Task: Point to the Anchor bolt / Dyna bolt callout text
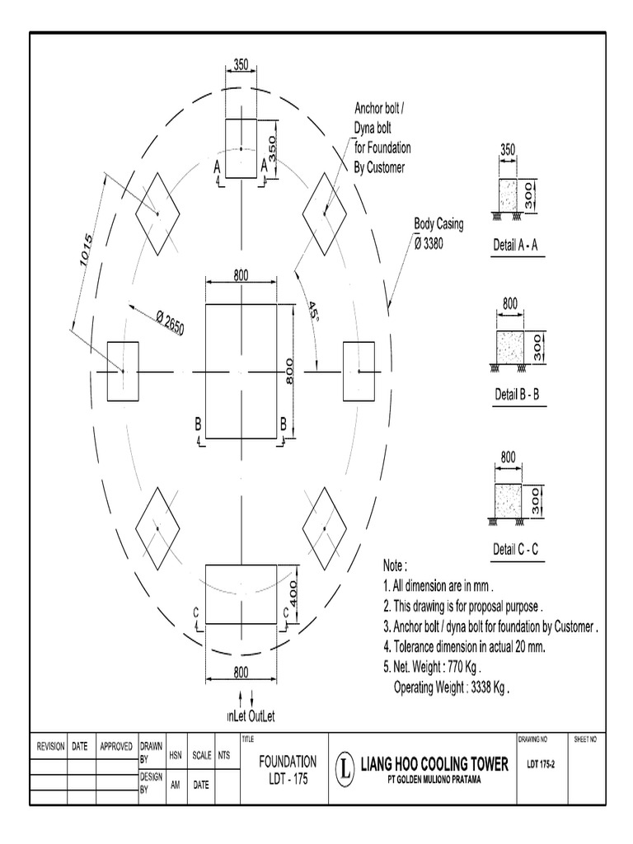[x=382, y=138]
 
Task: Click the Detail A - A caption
[x=516, y=246]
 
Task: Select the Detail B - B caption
[x=517, y=394]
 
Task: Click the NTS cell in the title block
[x=223, y=754]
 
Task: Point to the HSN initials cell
[x=175, y=754]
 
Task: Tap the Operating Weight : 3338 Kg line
[x=451, y=687]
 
